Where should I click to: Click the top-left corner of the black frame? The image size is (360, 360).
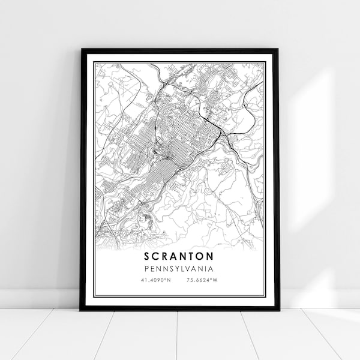(81, 49)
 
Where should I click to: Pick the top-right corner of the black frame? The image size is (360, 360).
(278, 49)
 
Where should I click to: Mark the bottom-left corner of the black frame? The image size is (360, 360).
(81, 310)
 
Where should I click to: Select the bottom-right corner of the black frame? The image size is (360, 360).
(278, 310)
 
